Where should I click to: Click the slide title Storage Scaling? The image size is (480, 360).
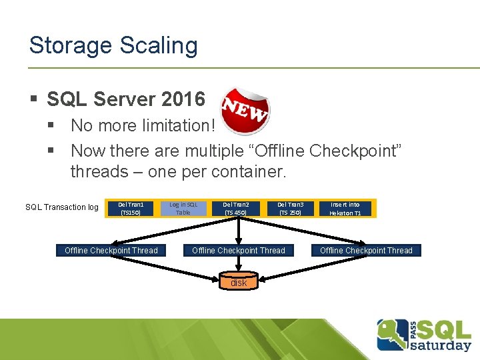pos(113,45)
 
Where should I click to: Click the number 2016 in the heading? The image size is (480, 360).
pos(183,100)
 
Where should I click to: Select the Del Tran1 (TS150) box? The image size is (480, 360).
pos(130,208)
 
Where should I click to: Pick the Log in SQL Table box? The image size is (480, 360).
pos(183,208)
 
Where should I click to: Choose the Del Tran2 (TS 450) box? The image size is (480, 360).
pos(236,208)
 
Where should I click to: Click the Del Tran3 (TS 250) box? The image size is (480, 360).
pos(290,208)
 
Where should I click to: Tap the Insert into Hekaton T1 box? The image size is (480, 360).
pos(345,208)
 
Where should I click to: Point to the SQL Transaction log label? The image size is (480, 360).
pos(62,207)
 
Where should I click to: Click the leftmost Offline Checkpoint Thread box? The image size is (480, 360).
pos(111,251)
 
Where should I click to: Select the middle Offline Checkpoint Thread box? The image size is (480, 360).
pos(239,251)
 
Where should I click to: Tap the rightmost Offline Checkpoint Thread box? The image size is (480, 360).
pos(366,251)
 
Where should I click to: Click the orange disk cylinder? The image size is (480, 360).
pos(239,282)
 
